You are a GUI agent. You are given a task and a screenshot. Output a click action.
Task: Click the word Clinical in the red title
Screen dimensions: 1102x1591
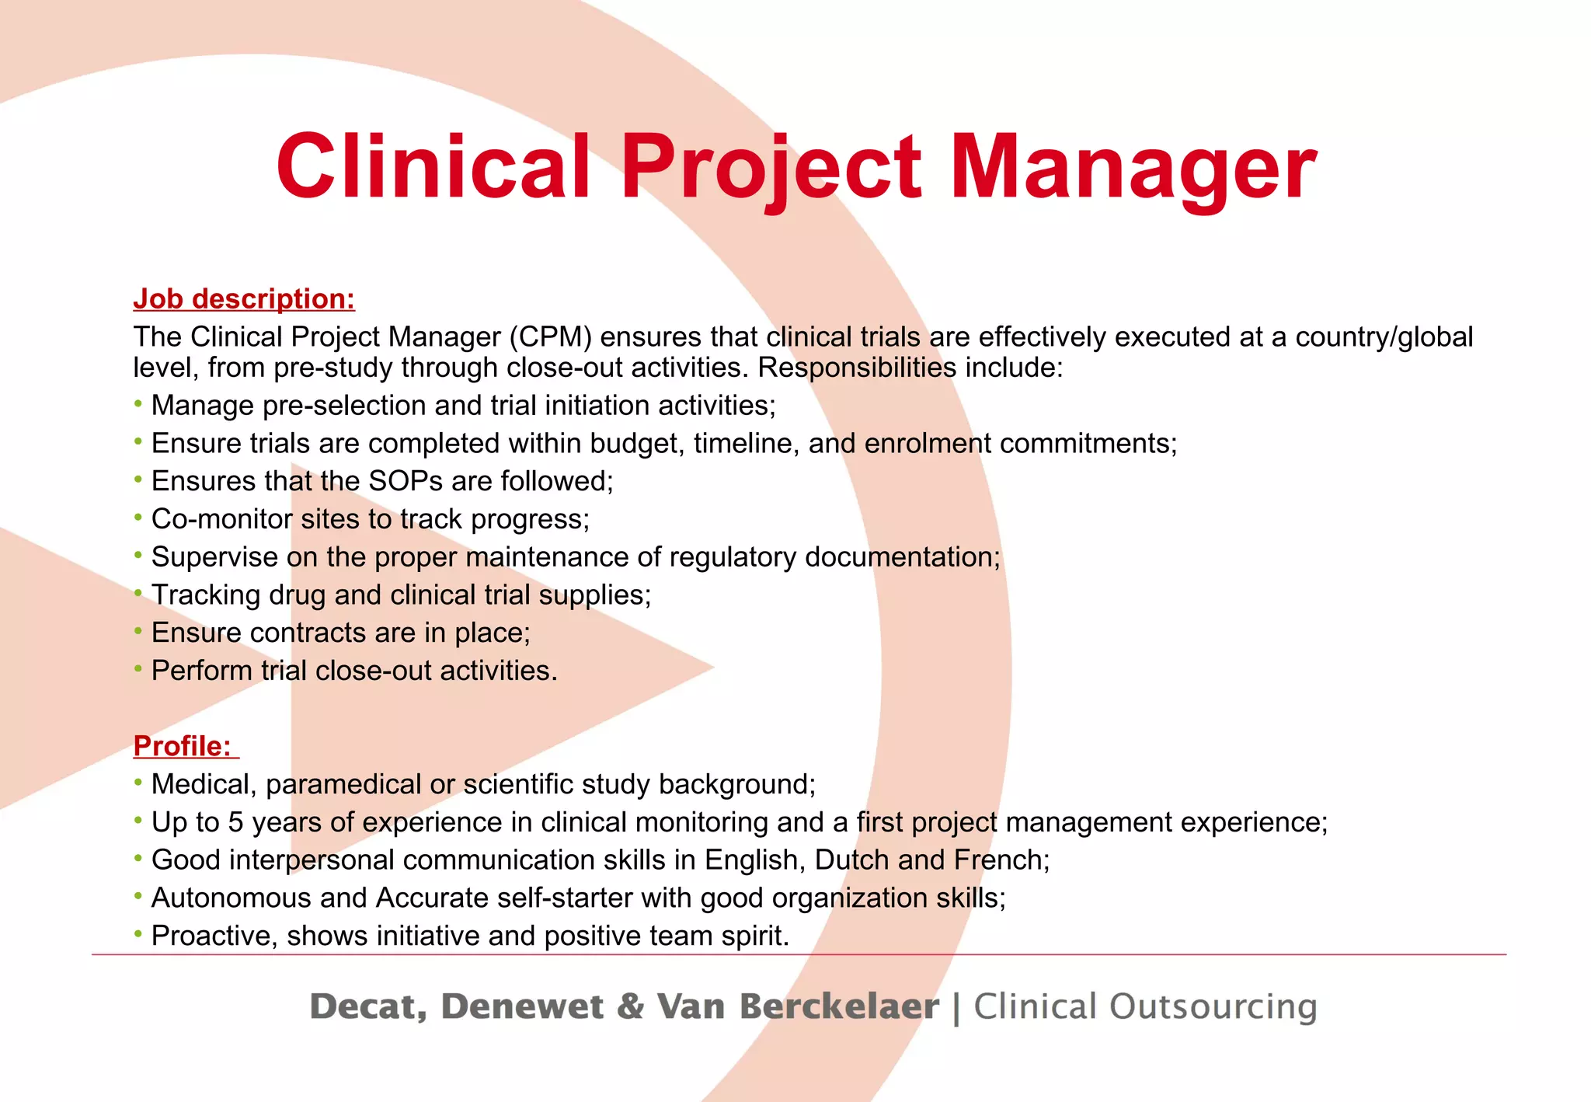click(x=433, y=167)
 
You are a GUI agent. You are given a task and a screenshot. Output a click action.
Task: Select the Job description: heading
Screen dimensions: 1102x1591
click(x=244, y=299)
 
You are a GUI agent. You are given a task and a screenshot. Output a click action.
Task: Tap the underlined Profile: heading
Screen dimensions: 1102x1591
click(x=183, y=746)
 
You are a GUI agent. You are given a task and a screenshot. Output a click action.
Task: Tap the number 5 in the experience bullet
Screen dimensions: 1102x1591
click(x=235, y=822)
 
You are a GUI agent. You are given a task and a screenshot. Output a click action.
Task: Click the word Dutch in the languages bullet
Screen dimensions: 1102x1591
click(x=851, y=860)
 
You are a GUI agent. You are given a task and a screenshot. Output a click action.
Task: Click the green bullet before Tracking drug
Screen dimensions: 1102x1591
click(x=138, y=594)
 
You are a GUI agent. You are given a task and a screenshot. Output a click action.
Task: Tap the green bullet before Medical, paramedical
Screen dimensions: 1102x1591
click(x=138, y=783)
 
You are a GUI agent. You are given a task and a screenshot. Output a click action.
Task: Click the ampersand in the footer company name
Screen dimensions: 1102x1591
click(x=630, y=1006)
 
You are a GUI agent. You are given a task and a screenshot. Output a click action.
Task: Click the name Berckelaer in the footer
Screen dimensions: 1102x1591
click(x=839, y=1006)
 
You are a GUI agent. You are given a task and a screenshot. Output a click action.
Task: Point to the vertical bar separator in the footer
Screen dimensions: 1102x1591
click(x=956, y=1008)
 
